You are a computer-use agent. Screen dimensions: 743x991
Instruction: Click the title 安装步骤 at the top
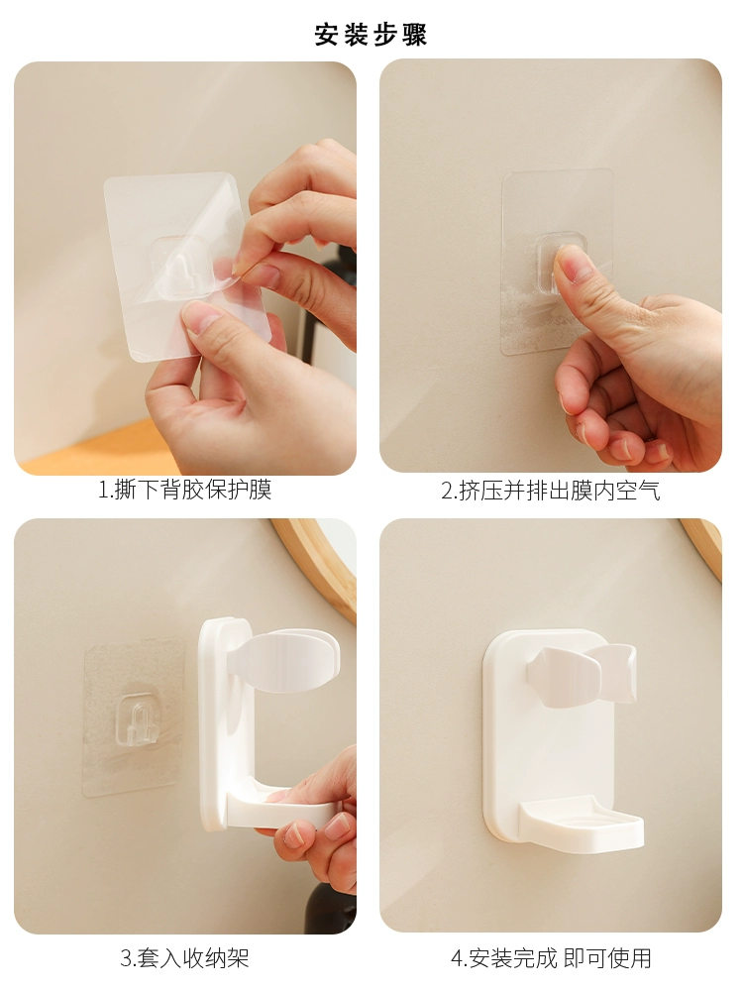click(371, 34)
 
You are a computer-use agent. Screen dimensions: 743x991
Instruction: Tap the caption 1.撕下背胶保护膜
click(185, 490)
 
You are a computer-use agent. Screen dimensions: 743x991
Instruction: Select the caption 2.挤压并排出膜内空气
click(550, 491)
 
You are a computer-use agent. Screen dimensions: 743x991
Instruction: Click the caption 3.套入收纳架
click(184, 958)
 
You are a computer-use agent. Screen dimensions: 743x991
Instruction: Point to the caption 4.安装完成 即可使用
click(551, 958)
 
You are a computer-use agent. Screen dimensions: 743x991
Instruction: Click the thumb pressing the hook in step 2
click(579, 278)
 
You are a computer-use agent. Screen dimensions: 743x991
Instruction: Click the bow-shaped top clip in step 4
click(582, 674)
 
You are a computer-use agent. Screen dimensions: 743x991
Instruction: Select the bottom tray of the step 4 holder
click(582, 821)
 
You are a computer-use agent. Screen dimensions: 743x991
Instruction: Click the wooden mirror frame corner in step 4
click(703, 544)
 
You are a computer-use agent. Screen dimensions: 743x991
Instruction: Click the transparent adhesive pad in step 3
click(134, 716)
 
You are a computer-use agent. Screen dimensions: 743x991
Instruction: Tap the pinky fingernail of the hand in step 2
click(659, 451)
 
